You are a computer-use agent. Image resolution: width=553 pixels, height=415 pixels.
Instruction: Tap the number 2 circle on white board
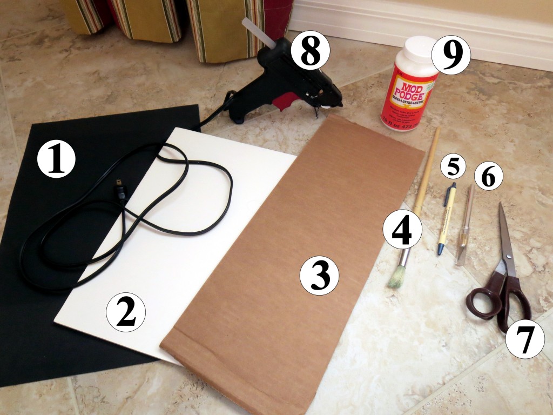click(126, 312)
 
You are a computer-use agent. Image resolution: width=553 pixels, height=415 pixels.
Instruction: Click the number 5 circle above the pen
click(453, 167)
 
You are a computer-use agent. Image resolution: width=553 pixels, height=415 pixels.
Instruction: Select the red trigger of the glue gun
click(284, 101)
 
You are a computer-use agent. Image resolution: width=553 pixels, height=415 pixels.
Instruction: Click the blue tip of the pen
click(441, 249)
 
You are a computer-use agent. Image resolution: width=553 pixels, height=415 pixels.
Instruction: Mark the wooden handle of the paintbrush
click(426, 173)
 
